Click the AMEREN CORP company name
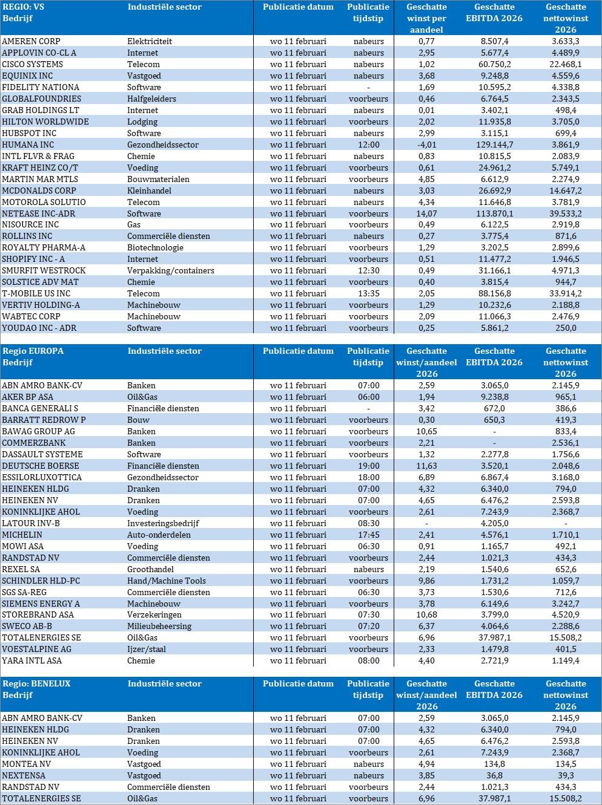point(31,41)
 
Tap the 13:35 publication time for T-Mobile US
point(368,293)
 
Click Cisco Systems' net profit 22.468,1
point(565,64)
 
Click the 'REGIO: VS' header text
point(24,7)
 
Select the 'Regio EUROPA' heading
point(33,351)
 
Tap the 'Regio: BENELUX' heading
point(36,683)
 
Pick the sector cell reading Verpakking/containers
point(170,270)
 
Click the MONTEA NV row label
point(26,764)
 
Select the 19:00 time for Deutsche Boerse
point(368,466)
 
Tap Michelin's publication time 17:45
point(368,535)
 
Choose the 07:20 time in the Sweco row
point(368,626)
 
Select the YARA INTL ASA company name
point(31,660)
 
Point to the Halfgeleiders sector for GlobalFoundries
point(151,99)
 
